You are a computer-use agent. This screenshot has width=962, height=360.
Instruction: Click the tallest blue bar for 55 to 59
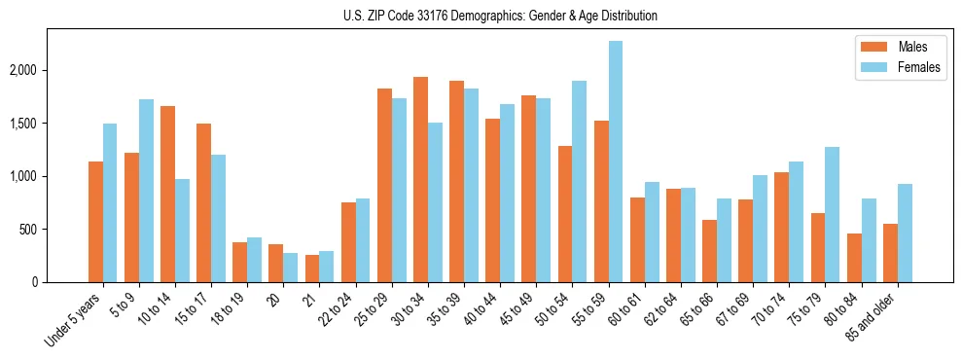pos(616,162)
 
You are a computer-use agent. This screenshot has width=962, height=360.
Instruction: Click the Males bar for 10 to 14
pos(167,195)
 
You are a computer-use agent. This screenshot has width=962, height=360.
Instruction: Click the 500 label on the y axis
pos(54,230)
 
